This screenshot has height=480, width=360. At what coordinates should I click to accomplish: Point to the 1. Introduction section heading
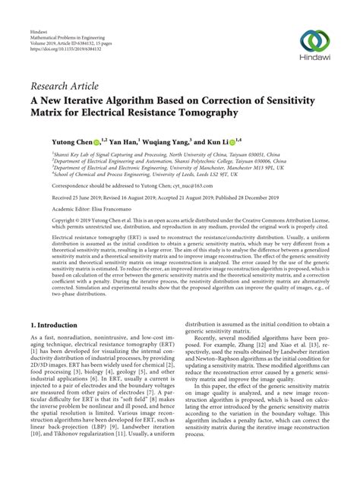point(59,324)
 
